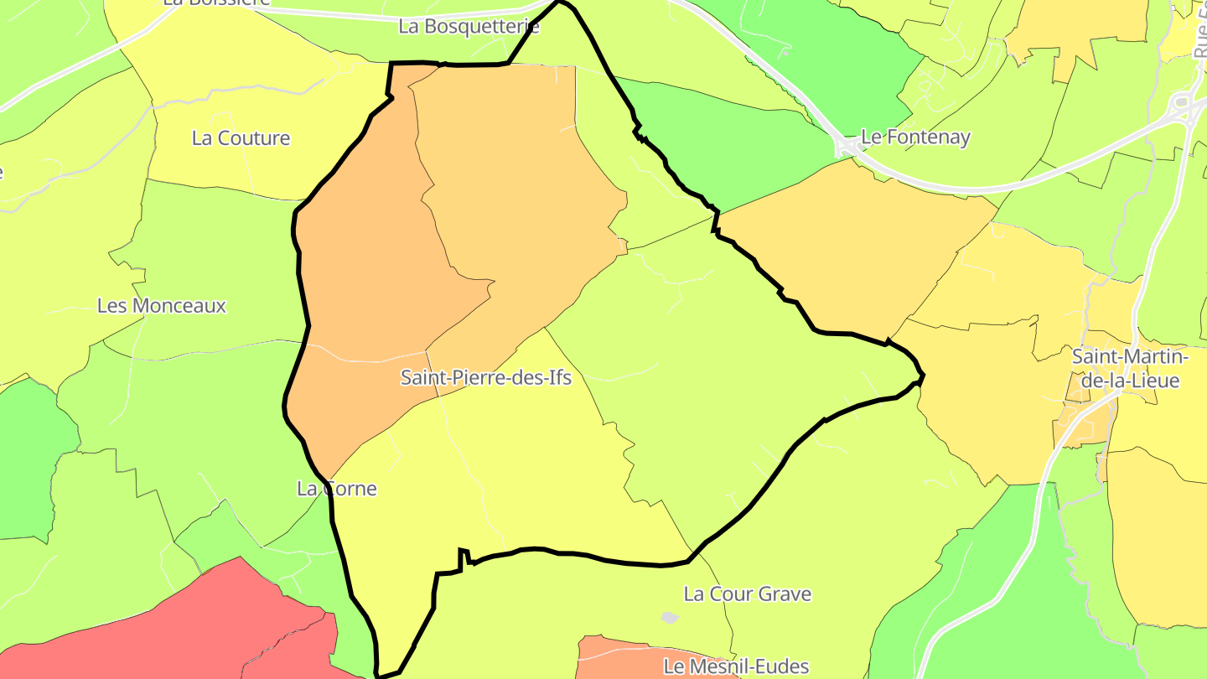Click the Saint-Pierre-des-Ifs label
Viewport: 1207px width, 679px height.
point(486,377)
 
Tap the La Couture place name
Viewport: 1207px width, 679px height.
point(241,138)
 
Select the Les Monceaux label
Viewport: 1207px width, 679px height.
point(162,305)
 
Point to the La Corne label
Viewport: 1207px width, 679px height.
point(337,488)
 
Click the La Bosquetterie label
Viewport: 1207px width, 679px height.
point(469,26)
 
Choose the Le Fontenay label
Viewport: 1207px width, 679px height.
point(916,137)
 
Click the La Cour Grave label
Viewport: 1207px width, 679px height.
point(748,593)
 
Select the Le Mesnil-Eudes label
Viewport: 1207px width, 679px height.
point(736,666)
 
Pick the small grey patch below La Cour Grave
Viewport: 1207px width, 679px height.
point(669,618)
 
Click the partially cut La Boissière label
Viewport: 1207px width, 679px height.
point(216,3)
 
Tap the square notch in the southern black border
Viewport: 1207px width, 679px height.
point(463,557)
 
